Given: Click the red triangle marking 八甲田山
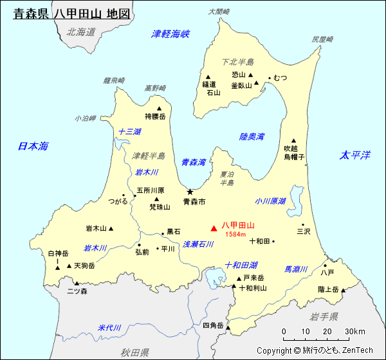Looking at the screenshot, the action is click(x=214, y=228).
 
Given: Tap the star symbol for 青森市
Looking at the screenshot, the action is click(x=190, y=192).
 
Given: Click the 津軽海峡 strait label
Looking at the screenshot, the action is click(x=170, y=34).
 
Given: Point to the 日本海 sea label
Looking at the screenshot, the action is click(x=33, y=147).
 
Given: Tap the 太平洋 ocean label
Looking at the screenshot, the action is click(x=355, y=155).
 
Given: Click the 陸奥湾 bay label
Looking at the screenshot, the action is click(x=252, y=136).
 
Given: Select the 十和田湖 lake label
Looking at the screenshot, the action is click(x=241, y=265).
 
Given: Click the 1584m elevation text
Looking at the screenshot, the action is click(x=235, y=235).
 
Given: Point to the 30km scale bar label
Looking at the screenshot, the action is click(x=355, y=332).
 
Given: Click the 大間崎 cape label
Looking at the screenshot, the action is click(x=219, y=11).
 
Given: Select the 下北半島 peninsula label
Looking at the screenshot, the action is click(x=238, y=62).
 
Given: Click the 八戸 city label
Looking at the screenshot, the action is click(x=327, y=273).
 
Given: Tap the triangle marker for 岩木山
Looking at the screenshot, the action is click(x=111, y=228).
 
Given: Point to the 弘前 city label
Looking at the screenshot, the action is click(x=142, y=251).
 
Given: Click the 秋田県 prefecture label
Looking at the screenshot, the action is click(x=134, y=352).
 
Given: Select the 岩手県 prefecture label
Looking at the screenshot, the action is click(x=324, y=316).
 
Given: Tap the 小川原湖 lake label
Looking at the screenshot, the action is click(x=270, y=201).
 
